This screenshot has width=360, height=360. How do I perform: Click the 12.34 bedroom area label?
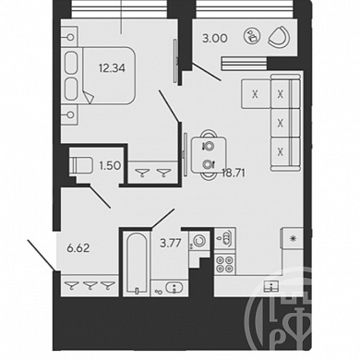coord(112,68)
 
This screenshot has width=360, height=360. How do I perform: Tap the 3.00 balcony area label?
coord(215,39)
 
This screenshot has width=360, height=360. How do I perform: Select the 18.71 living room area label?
coord(234,174)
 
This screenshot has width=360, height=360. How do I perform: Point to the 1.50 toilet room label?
coord(109,165)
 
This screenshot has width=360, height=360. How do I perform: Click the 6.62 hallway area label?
coord(78,248)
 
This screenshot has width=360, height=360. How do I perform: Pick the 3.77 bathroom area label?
coord(171,244)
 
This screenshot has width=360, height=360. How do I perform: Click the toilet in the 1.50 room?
coord(81,166)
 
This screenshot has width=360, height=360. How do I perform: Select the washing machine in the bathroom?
coord(199,241)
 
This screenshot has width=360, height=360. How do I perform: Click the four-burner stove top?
coord(224,265)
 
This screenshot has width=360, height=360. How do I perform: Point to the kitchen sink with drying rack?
coord(225,238)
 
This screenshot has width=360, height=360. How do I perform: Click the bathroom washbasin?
coord(174,288)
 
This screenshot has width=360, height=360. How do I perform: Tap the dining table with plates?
coord(209,155)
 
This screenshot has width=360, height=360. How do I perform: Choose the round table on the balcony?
coord(252,36)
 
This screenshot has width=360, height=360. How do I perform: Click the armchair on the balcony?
coord(279,37)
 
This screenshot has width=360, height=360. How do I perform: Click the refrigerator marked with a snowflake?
coord(293,237)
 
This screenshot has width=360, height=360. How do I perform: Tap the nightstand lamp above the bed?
coord(70,37)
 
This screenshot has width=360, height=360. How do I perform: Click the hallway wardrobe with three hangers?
coord(89,286)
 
